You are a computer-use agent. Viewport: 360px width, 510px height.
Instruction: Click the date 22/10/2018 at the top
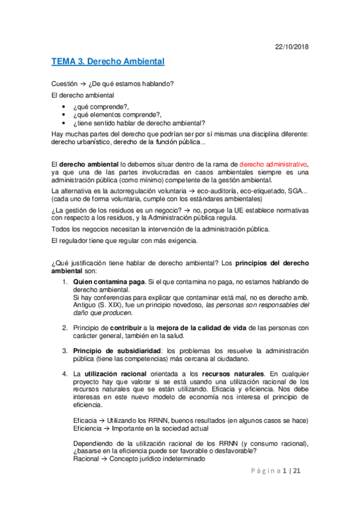coord(291,48)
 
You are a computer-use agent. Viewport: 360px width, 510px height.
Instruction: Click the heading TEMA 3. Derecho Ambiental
coord(108,62)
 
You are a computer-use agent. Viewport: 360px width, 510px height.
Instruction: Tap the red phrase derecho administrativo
coord(273,164)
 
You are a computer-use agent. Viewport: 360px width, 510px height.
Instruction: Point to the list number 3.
coord(66,351)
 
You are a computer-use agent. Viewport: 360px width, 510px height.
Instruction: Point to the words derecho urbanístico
coord(82,142)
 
